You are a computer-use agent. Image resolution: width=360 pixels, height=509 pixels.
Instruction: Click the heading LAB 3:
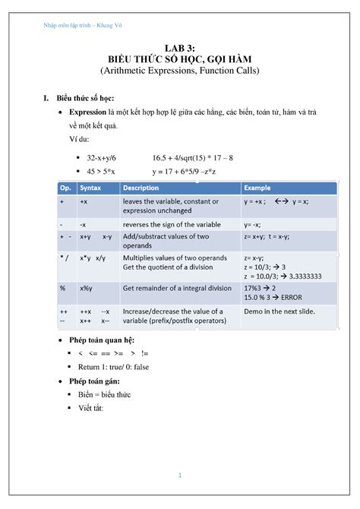179,47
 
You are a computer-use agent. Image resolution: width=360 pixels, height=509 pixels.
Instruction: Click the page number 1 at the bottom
180,476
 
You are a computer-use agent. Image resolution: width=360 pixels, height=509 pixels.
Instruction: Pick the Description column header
141,188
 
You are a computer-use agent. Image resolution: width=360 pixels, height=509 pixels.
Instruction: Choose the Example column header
257,188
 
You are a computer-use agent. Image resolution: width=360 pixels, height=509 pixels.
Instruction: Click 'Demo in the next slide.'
279,311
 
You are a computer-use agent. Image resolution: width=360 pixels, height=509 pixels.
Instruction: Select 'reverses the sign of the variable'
172,225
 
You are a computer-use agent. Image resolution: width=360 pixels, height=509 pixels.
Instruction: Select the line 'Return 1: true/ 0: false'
128,367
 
